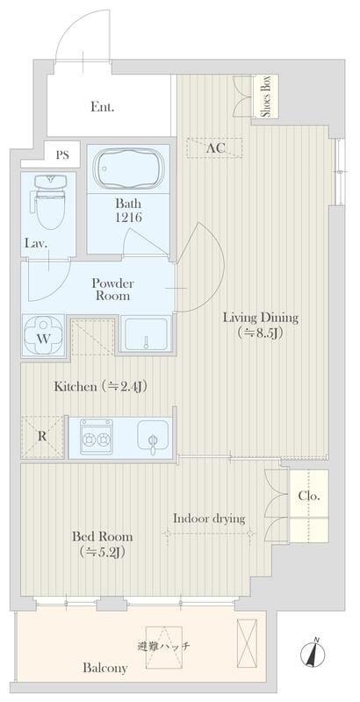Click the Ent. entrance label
(x=102, y=107)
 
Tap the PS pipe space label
(x=62, y=155)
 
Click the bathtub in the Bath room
(x=128, y=168)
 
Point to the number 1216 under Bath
(x=128, y=218)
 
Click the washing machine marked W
(x=43, y=336)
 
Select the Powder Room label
(x=113, y=290)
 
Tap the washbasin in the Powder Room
(x=146, y=334)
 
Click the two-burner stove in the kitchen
(x=97, y=438)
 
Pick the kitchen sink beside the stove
(x=153, y=438)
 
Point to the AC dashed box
(x=215, y=148)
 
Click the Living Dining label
(x=261, y=319)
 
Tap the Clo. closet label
(x=309, y=496)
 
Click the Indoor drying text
(x=209, y=519)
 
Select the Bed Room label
(x=103, y=536)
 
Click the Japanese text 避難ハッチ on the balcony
(x=164, y=647)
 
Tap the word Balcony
(x=105, y=669)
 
